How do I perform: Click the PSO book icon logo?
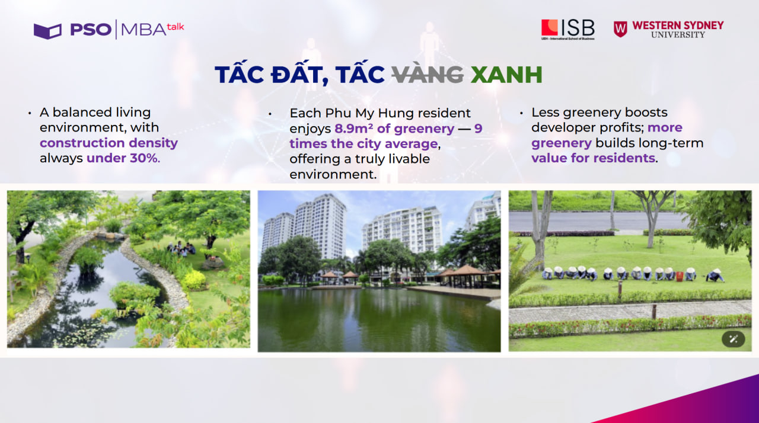pyautogui.click(x=47, y=31)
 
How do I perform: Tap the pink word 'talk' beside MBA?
pyautogui.click(x=176, y=27)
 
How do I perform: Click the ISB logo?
pyautogui.click(x=567, y=29)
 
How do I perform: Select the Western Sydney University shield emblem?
pyautogui.click(x=620, y=29)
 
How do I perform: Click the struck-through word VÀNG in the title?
pyautogui.click(x=427, y=75)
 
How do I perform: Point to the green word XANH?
pyautogui.click(x=506, y=75)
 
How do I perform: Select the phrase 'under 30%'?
pyautogui.click(x=122, y=158)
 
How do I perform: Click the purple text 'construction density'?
pyautogui.click(x=109, y=143)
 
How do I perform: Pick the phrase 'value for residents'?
pyautogui.click(x=593, y=158)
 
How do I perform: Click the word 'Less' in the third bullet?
pyautogui.click(x=545, y=113)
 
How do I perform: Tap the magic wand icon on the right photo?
pyautogui.click(x=733, y=339)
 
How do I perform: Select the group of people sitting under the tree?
pyautogui.click(x=181, y=249)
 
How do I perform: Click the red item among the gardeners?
pyautogui.click(x=680, y=276)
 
